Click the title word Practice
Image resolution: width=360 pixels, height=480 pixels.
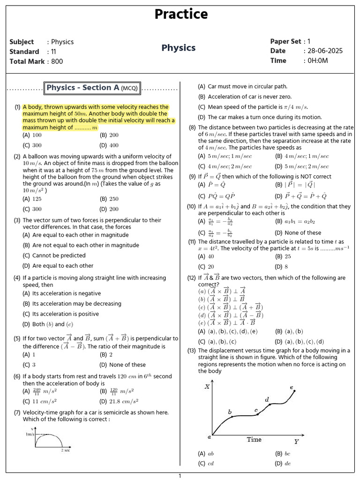181,15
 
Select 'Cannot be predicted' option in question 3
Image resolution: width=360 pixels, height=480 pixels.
59,255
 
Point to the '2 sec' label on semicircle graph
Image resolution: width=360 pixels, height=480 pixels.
65,450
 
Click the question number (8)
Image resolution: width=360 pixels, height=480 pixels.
192,127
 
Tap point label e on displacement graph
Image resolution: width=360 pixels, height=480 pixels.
292,388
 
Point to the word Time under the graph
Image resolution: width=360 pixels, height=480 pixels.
254,440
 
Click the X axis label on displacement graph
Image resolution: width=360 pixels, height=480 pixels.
207,387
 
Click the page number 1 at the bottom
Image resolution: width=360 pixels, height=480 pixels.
180,476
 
